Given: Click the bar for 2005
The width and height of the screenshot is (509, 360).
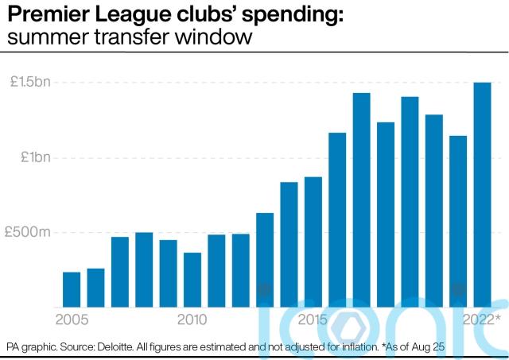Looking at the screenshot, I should pos(72,290).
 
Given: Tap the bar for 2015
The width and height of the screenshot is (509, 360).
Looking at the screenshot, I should pos(313,242).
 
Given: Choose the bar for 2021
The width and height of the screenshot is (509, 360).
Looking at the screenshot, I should pos(458,222).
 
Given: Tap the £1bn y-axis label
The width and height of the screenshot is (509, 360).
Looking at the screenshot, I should pos(35,157).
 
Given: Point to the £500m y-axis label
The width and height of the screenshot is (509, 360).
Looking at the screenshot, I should pos(27,233).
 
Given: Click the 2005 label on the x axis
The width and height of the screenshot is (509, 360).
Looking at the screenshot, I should pos(72,319).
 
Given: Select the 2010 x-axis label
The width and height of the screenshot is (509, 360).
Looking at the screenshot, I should pos(192,319).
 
